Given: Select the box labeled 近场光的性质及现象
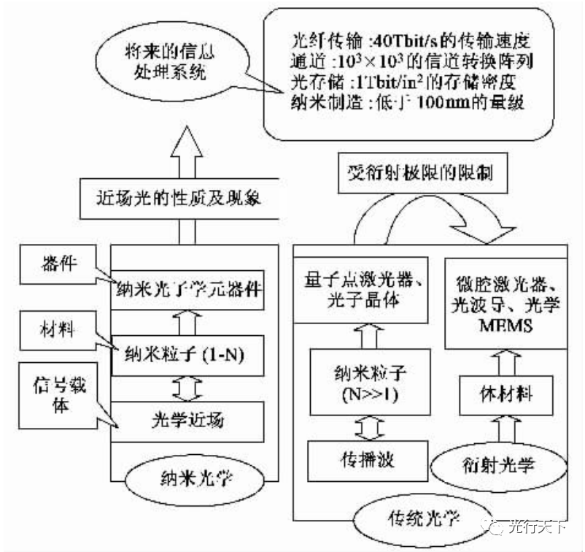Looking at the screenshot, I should coord(179,199).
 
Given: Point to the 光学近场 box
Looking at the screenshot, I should coord(187,423).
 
